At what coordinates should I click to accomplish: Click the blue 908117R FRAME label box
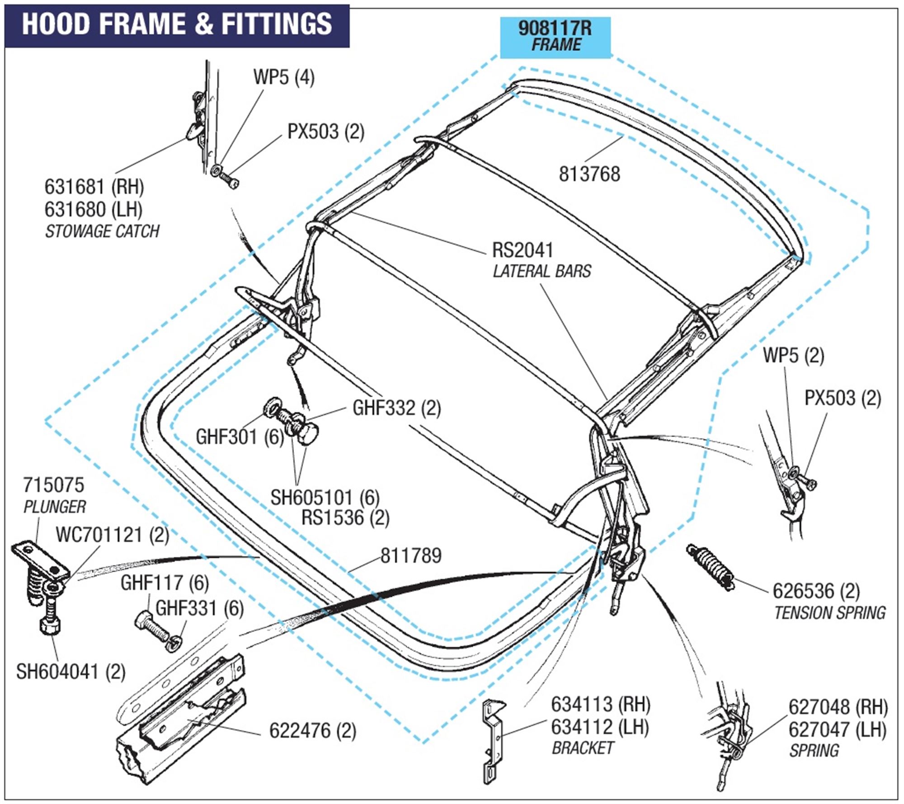tap(555, 37)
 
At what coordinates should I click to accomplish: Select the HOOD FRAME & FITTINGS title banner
tap(177, 25)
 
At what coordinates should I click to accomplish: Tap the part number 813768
tap(589, 174)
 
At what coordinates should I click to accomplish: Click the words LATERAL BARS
tap(542, 271)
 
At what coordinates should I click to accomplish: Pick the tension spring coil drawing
tap(710, 567)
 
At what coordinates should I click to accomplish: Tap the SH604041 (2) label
tap(71, 672)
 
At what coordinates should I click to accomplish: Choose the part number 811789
tap(411, 556)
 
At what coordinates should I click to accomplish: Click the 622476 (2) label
tap(313, 731)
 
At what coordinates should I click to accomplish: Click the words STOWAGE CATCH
tap(102, 231)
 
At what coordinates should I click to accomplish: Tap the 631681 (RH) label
tap(94, 187)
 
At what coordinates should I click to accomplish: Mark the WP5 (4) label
tap(283, 77)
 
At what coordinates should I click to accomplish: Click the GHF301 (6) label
tap(240, 437)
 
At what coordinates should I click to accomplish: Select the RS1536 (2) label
tap(345, 518)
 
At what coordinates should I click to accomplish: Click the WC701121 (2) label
tap(112, 535)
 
